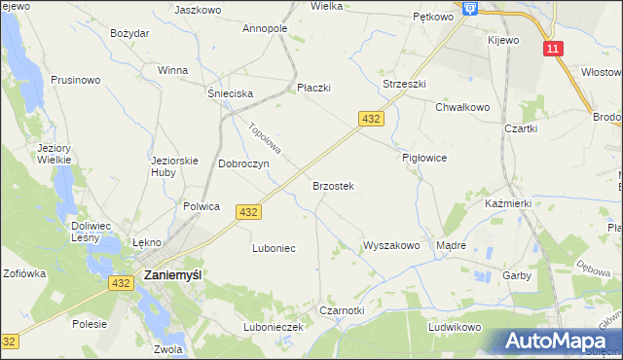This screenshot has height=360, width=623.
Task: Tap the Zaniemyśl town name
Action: pos(172,275)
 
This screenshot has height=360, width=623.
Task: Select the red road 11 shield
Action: pos(554,49)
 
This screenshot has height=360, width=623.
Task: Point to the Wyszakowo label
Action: pos(390,246)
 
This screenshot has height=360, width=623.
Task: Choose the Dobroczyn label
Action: pos(243,164)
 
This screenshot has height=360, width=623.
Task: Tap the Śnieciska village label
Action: pos(230,93)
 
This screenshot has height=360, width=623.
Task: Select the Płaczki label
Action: pos(313,88)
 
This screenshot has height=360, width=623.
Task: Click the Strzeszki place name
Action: pos(404,85)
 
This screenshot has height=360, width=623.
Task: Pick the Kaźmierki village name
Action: pos(507,204)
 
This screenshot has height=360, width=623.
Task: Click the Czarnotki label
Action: pos(342,310)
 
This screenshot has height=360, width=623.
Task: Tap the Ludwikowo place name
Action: pos(455,327)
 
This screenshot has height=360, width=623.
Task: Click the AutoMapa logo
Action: pos(561,342)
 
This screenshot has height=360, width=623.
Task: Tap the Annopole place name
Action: pos(265,28)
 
